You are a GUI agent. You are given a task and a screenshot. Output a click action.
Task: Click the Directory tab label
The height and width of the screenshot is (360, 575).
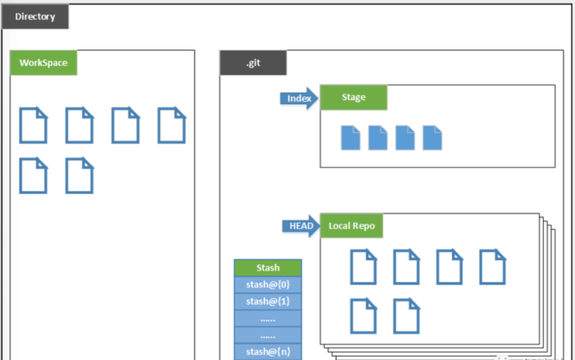point(35,17)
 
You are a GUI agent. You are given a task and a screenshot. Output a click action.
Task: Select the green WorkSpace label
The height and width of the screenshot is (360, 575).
point(43,63)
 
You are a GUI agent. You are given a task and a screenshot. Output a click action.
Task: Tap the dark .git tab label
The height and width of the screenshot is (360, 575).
point(253,63)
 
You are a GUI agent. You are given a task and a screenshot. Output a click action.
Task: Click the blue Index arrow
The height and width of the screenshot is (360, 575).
point(298,99)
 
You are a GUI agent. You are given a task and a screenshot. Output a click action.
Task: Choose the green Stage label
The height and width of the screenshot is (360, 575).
point(353,97)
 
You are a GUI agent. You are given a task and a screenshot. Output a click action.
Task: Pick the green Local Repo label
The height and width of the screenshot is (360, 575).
point(351,226)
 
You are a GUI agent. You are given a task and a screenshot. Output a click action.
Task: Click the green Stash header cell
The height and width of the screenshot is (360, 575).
point(268,268)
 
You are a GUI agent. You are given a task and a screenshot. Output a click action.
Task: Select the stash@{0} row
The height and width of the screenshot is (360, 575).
point(268,284)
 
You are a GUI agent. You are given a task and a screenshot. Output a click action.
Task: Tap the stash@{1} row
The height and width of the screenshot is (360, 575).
point(268,301)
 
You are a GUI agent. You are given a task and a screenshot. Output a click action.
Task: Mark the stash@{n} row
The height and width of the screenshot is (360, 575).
point(268,351)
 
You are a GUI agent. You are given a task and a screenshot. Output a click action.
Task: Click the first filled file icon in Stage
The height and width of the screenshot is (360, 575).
point(350,138)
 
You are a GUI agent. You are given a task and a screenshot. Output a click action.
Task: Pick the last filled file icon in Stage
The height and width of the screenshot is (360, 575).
point(432,138)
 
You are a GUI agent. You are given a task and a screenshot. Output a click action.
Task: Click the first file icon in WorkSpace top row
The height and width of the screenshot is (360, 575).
point(33,125)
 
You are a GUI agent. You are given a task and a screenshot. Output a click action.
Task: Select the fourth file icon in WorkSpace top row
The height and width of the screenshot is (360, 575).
point(171,125)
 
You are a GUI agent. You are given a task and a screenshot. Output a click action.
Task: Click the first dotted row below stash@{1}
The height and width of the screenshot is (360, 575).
point(268,318)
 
